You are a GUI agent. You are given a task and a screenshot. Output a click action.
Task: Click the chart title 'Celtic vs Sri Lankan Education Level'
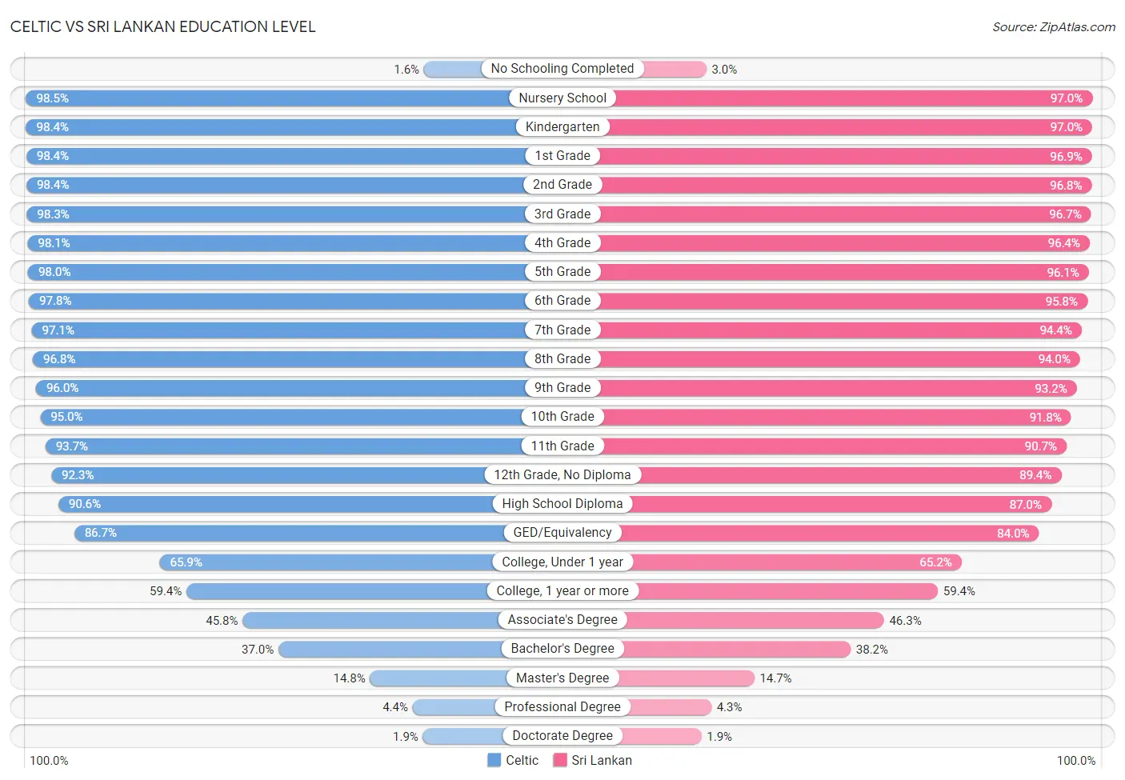pyautogui.click(x=162, y=26)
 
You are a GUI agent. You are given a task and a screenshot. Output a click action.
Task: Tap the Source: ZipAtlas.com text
pyautogui.click(x=1054, y=26)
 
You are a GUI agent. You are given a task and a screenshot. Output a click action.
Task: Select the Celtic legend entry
pyautogui.click(x=513, y=760)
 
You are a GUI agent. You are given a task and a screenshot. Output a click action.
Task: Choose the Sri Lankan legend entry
pyautogui.click(x=592, y=760)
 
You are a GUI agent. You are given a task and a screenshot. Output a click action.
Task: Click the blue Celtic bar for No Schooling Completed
pyautogui.click(x=453, y=70)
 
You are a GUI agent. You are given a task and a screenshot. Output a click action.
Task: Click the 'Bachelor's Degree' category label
pyautogui.click(x=562, y=649)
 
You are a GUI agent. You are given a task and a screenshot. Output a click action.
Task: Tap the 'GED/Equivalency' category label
pyautogui.click(x=562, y=532)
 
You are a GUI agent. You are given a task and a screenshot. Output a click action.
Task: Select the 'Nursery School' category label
pyautogui.click(x=562, y=98)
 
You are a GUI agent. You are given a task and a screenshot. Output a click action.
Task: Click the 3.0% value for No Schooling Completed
pyautogui.click(x=724, y=70)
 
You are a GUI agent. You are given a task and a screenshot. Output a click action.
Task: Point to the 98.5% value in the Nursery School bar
pyautogui.click(x=52, y=98)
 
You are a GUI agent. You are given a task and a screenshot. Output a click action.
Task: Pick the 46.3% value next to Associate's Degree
pyautogui.click(x=905, y=621)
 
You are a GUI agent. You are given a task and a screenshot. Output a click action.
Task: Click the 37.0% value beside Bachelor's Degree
pyautogui.click(x=257, y=650)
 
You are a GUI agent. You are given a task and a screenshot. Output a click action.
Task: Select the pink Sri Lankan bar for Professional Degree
pyautogui.click(x=669, y=707)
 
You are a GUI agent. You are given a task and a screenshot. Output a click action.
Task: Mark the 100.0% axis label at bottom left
pyautogui.click(x=49, y=761)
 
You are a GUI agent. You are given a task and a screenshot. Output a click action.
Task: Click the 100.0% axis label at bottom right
pyautogui.click(x=1075, y=761)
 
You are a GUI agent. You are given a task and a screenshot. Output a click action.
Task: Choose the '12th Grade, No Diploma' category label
pyautogui.click(x=562, y=474)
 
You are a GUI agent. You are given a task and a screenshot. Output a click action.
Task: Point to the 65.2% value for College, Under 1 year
pyautogui.click(x=935, y=562)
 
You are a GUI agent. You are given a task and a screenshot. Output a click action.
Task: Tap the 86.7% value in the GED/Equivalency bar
pyautogui.click(x=101, y=532)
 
